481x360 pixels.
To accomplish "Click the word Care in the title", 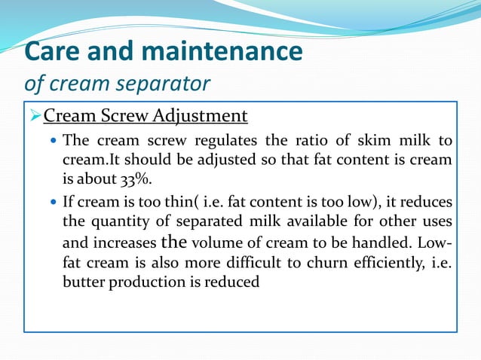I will [x=51, y=52].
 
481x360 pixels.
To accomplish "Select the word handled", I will [x=403, y=243].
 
